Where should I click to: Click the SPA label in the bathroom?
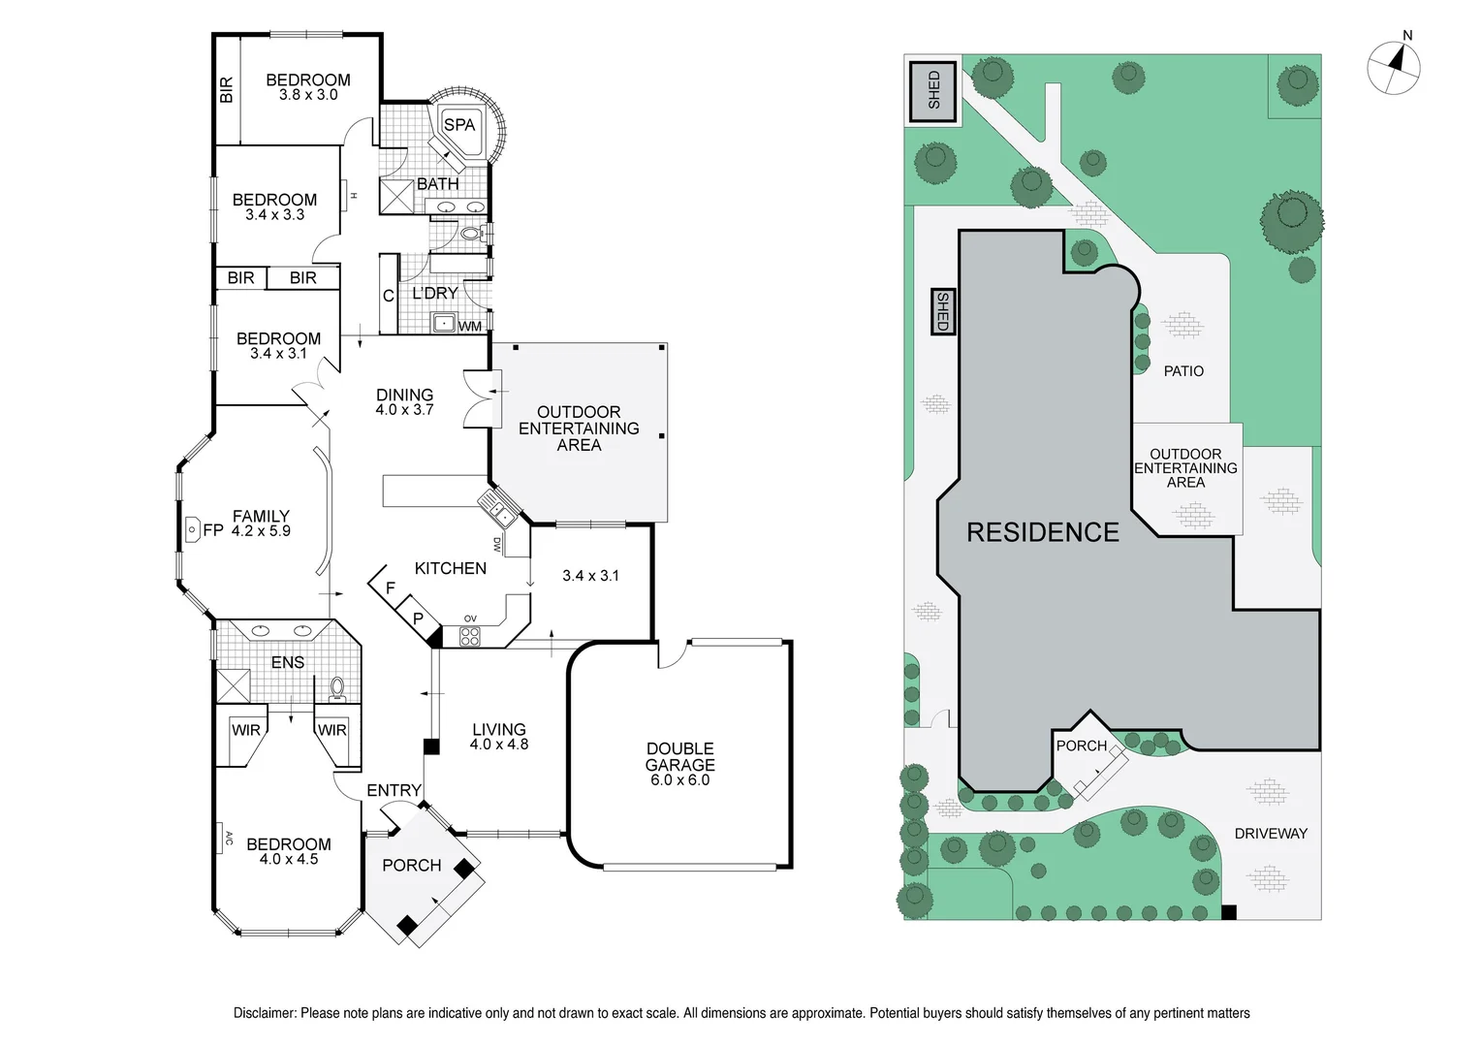point(459,124)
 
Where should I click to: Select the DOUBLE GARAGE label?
point(679,756)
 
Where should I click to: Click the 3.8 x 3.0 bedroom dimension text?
point(308,95)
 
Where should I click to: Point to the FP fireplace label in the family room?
point(212,530)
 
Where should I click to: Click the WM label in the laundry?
point(470,327)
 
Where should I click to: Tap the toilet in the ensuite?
point(337,687)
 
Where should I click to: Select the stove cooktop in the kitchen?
point(469,637)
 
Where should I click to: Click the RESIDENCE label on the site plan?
point(1043,532)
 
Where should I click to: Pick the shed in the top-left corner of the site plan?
point(932,89)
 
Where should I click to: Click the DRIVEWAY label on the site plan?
point(1271,834)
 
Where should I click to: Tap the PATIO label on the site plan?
point(1183,371)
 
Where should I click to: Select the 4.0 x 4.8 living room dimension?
point(499,745)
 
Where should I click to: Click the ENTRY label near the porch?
point(394,791)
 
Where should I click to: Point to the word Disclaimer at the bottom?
point(265,1013)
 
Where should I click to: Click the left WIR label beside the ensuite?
point(245,730)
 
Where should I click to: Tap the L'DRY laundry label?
point(435,293)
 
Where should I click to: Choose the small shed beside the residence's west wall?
point(941,312)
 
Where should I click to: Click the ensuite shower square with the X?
point(234,685)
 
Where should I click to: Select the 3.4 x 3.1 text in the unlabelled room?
point(590,576)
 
